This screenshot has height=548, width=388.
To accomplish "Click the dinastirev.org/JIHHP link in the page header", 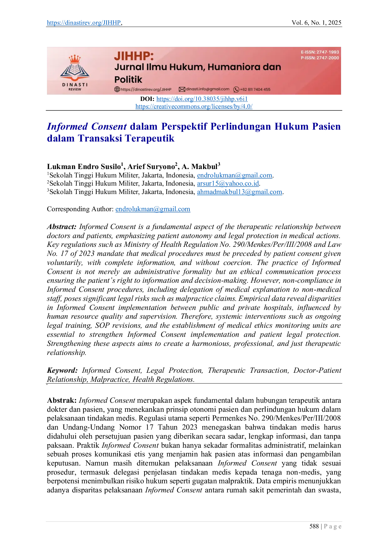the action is pyautogui.click(x=84, y=22).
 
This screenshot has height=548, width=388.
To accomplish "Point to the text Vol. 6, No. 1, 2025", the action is pyautogui.click(x=316, y=22).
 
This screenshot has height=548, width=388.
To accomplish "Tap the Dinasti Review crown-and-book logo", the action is pyautogui.click(x=75, y=73).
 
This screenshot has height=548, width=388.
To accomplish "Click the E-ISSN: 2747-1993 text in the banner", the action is pyautogui.click(x=320, y=52).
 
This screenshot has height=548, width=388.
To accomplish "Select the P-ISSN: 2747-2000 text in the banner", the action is pyautogui.click(x=320, y=58).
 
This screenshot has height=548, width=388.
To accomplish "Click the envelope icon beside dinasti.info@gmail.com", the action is pyautogui.click(x=182, y=89).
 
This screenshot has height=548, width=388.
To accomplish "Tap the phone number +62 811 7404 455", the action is pyautogui.click(x=255, y=89).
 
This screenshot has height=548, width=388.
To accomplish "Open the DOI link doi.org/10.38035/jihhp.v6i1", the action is pyautogui.click(x=202, y=99).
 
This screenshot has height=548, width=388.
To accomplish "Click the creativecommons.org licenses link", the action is pyautogui.click(x=194, y=107).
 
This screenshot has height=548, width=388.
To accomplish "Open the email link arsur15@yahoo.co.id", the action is pyautogui.click(x=228, y=183).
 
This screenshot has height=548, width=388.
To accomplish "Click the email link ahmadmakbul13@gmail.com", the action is pyautogui.click(x=240, y=192).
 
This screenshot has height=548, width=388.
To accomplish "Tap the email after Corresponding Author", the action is pyautogui.click(x=153, y=209).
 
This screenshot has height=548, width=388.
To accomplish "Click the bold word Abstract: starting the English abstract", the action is pyautogui.click(x=62, y=227).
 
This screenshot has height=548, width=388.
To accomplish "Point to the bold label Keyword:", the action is pyautogui.click(x=62, y=371).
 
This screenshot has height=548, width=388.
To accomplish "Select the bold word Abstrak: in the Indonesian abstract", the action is pyautogui.click(x=62, y=401).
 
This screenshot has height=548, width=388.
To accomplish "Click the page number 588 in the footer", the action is pyautogui.click(x=314, y=526).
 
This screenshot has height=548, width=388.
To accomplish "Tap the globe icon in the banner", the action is pyautogui.click(x=117, y=89).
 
